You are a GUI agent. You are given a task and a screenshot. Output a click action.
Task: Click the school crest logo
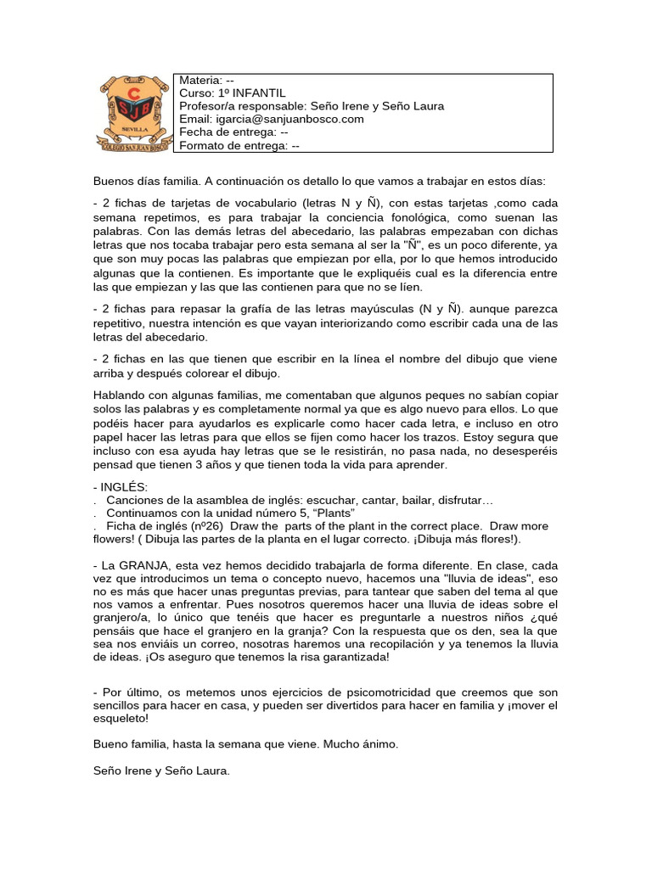pos(132,112)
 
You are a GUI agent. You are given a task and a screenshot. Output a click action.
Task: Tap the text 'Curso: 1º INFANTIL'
pos(233,93)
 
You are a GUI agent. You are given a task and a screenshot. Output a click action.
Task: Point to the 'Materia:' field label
pos(201,80)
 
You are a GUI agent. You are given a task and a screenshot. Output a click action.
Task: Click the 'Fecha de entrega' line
pos(233,132)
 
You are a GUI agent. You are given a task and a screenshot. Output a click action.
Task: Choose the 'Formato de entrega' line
pos(239,145)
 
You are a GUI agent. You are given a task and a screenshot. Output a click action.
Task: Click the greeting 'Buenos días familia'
pos(146,182)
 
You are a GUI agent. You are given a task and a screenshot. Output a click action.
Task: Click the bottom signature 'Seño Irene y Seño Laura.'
pos(161,771)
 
